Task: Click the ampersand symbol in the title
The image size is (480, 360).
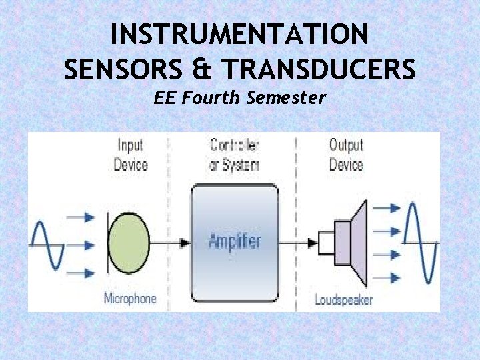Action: click(x=203, y=68)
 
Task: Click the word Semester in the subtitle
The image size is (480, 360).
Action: click(x=286, y=98)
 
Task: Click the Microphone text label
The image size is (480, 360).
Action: click(x=131, y=298)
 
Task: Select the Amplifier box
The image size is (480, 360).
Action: click(x=234, y=240)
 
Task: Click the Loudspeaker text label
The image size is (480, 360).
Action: click(x=343, y=299)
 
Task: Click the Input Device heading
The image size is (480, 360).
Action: click(x=131, y=155)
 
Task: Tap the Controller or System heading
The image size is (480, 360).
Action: click(x=234, y=155)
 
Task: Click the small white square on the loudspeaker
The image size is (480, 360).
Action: click(x=326, y=241)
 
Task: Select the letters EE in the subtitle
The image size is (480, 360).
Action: click(x=164, y=98)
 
